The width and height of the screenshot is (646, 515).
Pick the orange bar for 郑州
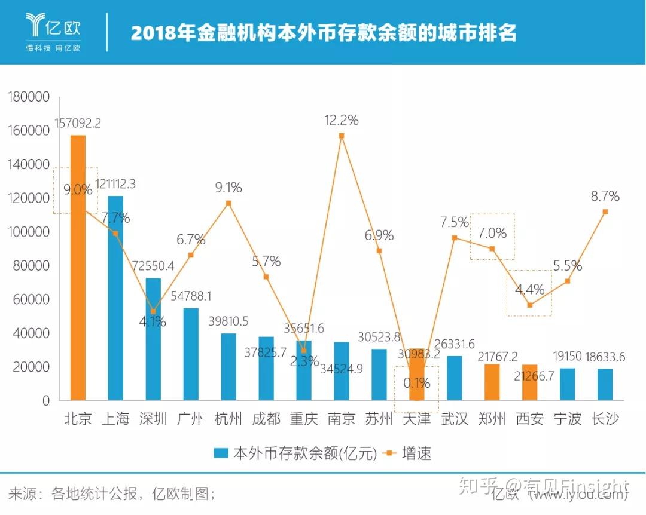click(492, 382)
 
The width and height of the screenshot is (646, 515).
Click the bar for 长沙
click(605, 385)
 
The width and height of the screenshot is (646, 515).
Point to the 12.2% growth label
click(342, 120)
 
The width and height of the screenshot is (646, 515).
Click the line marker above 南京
click(342, 136)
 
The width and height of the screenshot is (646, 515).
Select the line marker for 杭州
click(228, 203)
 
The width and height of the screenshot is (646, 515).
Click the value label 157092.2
click(78, 124)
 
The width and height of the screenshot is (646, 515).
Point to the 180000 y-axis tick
click(29, 97)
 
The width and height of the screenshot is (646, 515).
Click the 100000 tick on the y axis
click(29, 232)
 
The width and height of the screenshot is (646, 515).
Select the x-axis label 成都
click(266, 418)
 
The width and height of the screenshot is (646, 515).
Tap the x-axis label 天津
click(416, 418)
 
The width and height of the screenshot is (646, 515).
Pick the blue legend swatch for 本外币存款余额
click(221, 453)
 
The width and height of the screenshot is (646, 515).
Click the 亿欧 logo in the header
click(53, 30)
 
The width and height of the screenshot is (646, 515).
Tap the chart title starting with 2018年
click(323, 32)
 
